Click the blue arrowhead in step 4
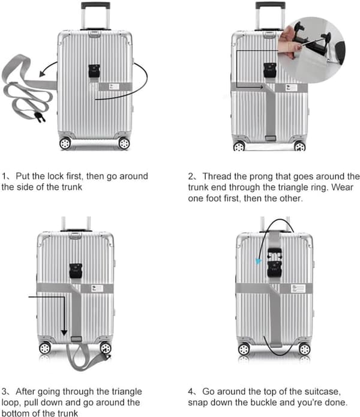click(258, 262)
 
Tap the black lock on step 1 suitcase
click(94, 71)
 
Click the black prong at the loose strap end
click(40, 117)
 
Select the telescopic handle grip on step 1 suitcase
click(95, 5)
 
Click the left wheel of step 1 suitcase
click(65, 143)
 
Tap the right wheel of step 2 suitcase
click(299, 146)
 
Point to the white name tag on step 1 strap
click(114, 86)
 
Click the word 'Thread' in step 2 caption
click(217, 176)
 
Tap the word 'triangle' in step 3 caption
click(127, 392)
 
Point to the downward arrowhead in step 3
click(64, 332)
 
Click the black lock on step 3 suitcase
click(76, 271)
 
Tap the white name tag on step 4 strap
click(298, 289)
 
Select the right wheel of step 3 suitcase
click(106, 348)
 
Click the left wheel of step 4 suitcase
click(244, 349)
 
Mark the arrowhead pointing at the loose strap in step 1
click(42, 73)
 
